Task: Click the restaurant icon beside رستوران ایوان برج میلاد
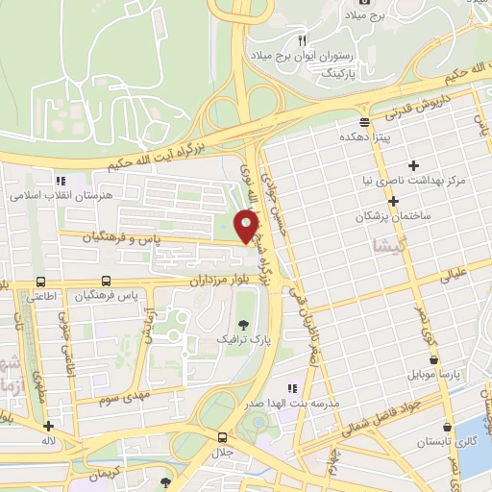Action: [x=302, y=40]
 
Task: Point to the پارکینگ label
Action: [x=337, y=71]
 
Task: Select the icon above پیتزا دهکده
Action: [x=364, y=122]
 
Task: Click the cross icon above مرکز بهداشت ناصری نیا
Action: [x=414, y=165]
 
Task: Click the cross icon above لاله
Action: [x=48, y=426]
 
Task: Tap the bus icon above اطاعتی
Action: [x=40, y=283]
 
